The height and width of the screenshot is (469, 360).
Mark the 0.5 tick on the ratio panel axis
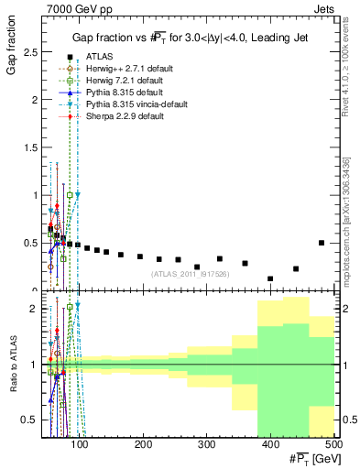(x=31, y=420)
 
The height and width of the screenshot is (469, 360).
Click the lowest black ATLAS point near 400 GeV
(x=270, y=278)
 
